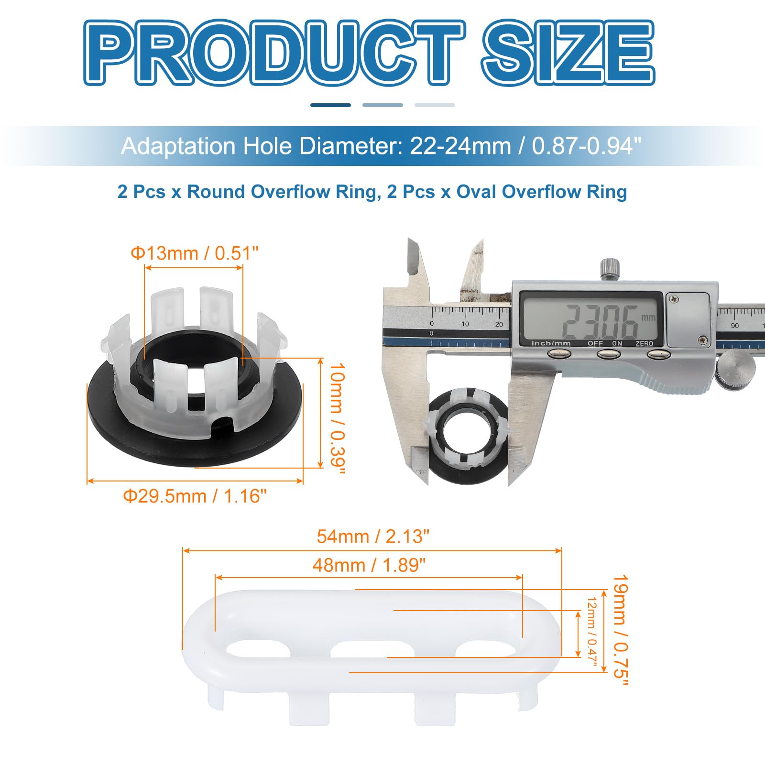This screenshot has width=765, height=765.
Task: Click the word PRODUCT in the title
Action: pyautogui.click(x=274, y=53)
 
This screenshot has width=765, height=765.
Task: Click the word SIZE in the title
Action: pyautogui.click(x=568, y=53)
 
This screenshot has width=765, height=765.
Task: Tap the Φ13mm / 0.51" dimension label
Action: pyautogui.click(x=195, y=253)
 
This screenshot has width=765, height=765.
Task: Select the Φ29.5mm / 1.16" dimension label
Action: pyautogui.click(x=195, y=496)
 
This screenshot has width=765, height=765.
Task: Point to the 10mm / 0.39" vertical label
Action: pyautogui.click(x=337, y=419)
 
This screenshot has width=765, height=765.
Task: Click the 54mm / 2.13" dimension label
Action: pyautogui.click(x=373, y=536)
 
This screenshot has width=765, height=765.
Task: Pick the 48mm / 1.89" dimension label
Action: pyautogui.click(x=369, y=565)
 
